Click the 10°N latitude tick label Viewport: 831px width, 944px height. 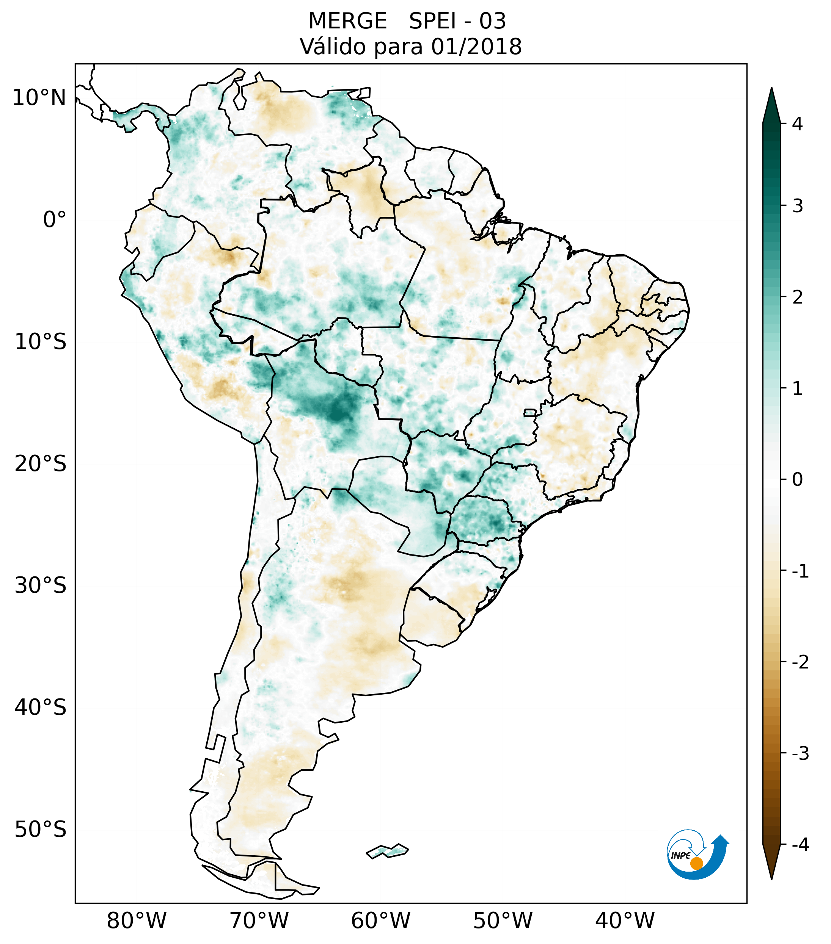[x=39, y=98]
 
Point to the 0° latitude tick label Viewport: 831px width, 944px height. [x=55, y=220]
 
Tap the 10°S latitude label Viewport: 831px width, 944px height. [x=41, y=342]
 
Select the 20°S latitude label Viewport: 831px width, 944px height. [x=41, y=464]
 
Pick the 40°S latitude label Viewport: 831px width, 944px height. [x=41, y=708]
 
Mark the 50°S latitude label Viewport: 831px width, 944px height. [x=41, y=830]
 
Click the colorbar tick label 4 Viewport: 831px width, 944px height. [x=797, y=124]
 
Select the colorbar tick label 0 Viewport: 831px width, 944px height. [x=797, y=480]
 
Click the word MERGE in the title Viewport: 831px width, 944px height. [x=347, y=21]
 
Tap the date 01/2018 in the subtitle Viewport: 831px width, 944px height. [x=476, y=47]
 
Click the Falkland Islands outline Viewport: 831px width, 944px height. [x=387, y=851]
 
